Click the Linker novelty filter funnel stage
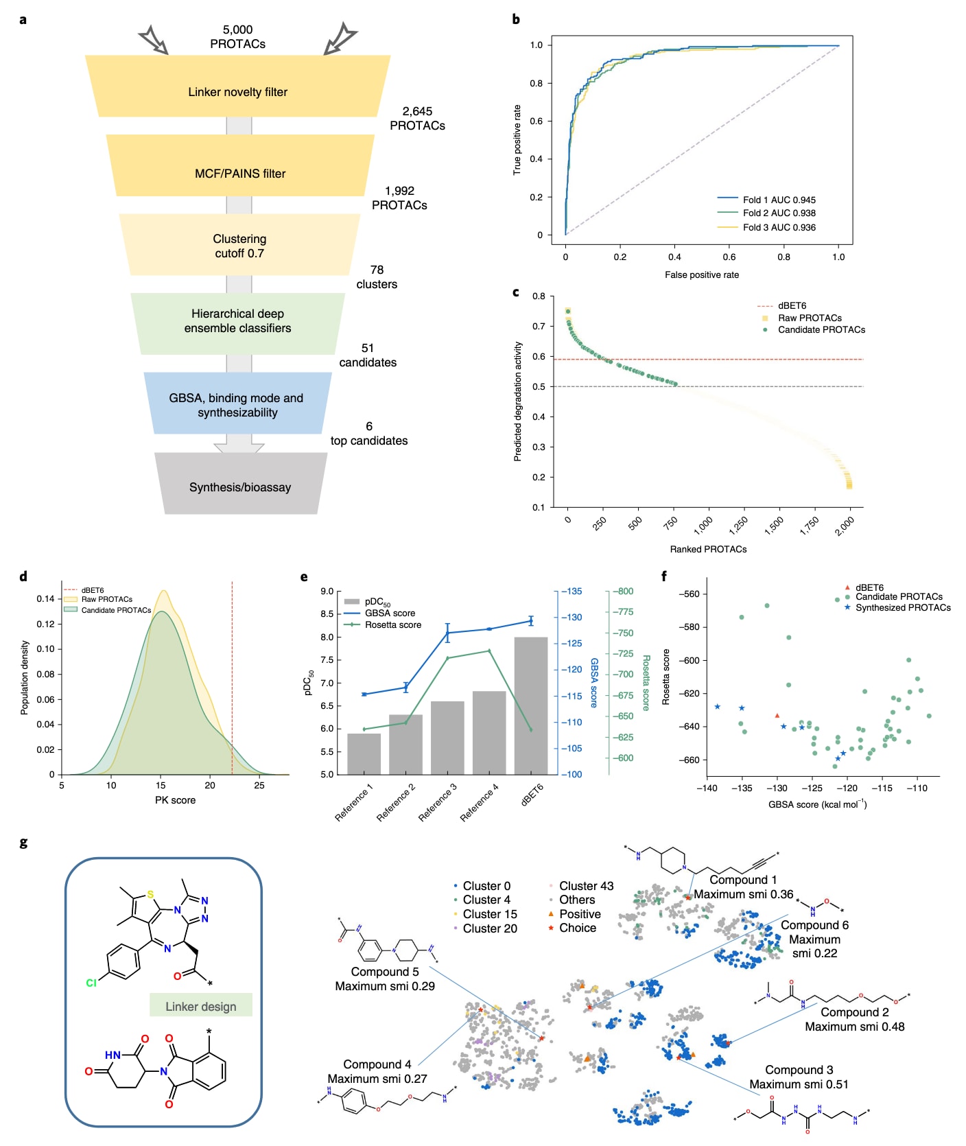pos(237,92)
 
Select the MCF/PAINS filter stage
pos(240,174)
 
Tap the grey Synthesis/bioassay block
pos(240,487)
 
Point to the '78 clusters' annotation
pos(377,277)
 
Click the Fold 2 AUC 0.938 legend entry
pos(779,213)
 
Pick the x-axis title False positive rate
pos(701,275)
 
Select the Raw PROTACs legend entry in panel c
pos(810,318)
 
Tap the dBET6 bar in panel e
pos(531,705)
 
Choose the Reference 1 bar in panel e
pos(364,753)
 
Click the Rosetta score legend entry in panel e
pos(392,625)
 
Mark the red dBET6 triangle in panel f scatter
pos(777,716)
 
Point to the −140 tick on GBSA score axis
pos(707,788)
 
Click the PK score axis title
pos(175,800)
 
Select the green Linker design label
pos(201,1007)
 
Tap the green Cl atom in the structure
pos(91,983)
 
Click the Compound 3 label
pos(799,1070)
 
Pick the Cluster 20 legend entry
pos(489,928)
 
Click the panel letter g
pos(23,843)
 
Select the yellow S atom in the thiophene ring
pos(150,895)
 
